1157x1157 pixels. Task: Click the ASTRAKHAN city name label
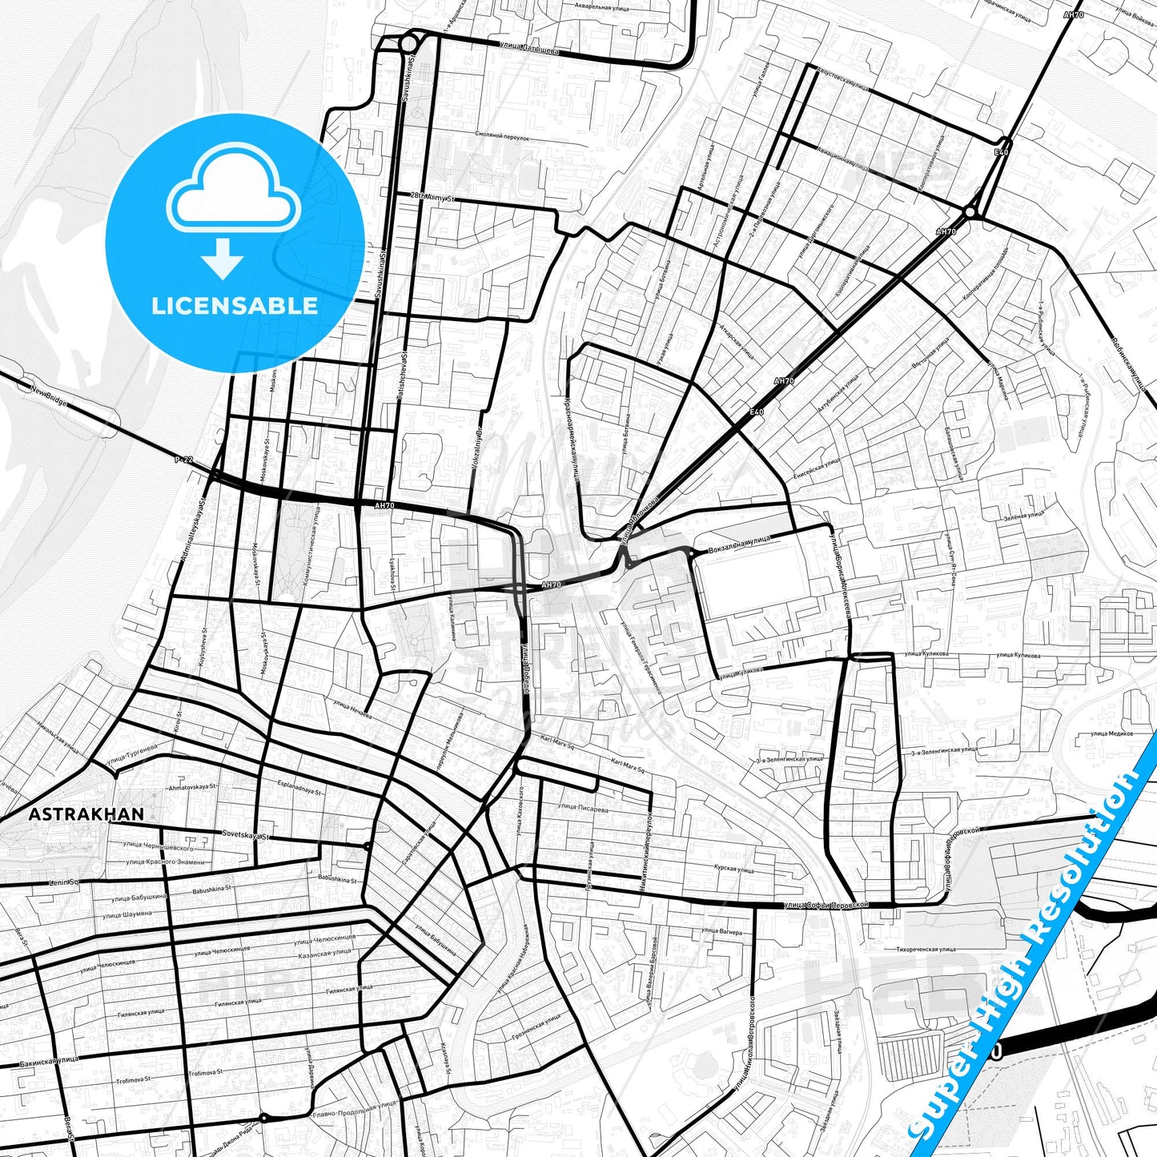pyautogui.click(x=86, y=814)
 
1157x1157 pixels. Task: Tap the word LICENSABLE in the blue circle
pyautogui.click(x=235, y=305)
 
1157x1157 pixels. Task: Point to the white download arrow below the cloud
pyautogui.click(x=223, y=258)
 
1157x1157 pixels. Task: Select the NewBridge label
pyautogui.click(x=50, y=396)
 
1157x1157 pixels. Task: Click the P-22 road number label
pyautogui.click(x=184, y=460)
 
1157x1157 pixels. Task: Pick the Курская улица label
pyautogui.click(x=733, y=869)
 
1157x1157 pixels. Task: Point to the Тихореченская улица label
pyautogui.click(x=926, y=949)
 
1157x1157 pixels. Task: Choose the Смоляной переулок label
pyautogui.click(x=502, y=138)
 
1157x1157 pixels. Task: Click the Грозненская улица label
pyautogui.click(x=536, y=1026)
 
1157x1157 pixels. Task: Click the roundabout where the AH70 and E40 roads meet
pyautogui.click(x=970, y=212)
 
